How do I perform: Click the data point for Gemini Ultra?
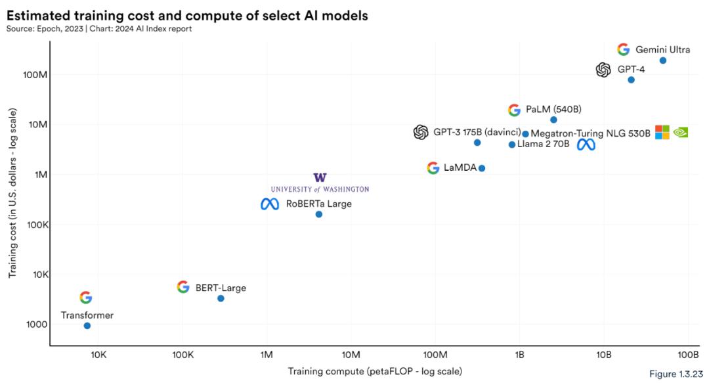(663, 60)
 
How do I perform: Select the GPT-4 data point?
(631, 79)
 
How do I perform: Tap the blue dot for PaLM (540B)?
(553, 120)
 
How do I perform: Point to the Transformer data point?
(87, 326)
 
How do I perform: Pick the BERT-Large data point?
(221, 298)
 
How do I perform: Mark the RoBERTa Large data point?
(319, 214)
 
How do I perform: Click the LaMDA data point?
(482, 168)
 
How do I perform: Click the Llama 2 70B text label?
(543, 144)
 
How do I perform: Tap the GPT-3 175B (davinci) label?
(477, 132)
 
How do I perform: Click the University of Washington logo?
(320, 183)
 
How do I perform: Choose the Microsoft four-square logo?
(662, 132)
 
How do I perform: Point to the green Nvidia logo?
(681, 132)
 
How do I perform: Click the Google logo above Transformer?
(86, 298)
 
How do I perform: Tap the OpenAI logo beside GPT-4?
(603, 70)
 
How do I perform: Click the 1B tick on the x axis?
(519, 355)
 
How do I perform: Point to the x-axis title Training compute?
(375, 372)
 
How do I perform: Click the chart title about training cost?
(188, 14)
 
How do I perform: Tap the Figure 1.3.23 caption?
(676, 374)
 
